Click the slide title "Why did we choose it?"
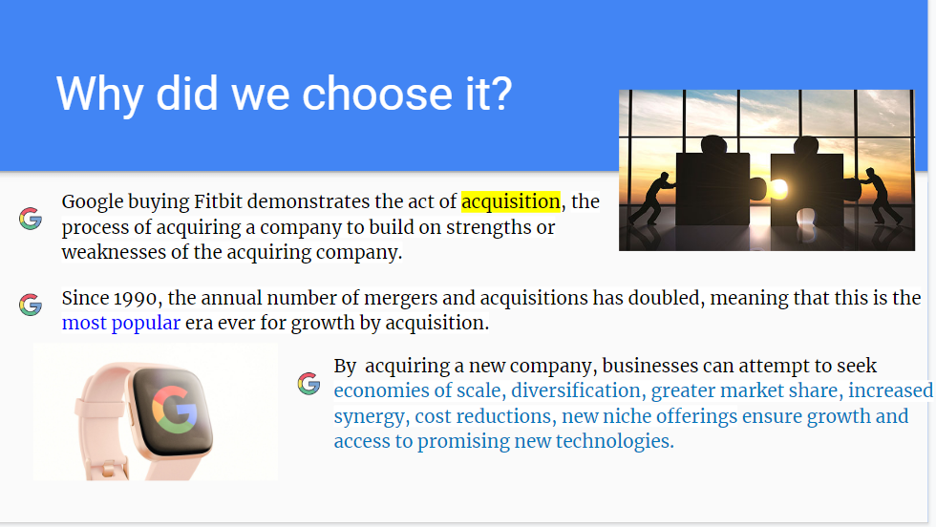click(285, 95)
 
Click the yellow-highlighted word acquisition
click(511, 201)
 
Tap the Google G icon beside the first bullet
click(31, 219)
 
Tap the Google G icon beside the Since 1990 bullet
click(31, 305)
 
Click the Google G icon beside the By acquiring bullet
click(309, 384)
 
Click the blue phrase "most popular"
click(121, 323)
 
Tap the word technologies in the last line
click(615, 441)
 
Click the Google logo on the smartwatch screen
click(174, 410)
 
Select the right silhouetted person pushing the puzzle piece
click(879, 196)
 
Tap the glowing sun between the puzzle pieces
click(777, 190)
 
